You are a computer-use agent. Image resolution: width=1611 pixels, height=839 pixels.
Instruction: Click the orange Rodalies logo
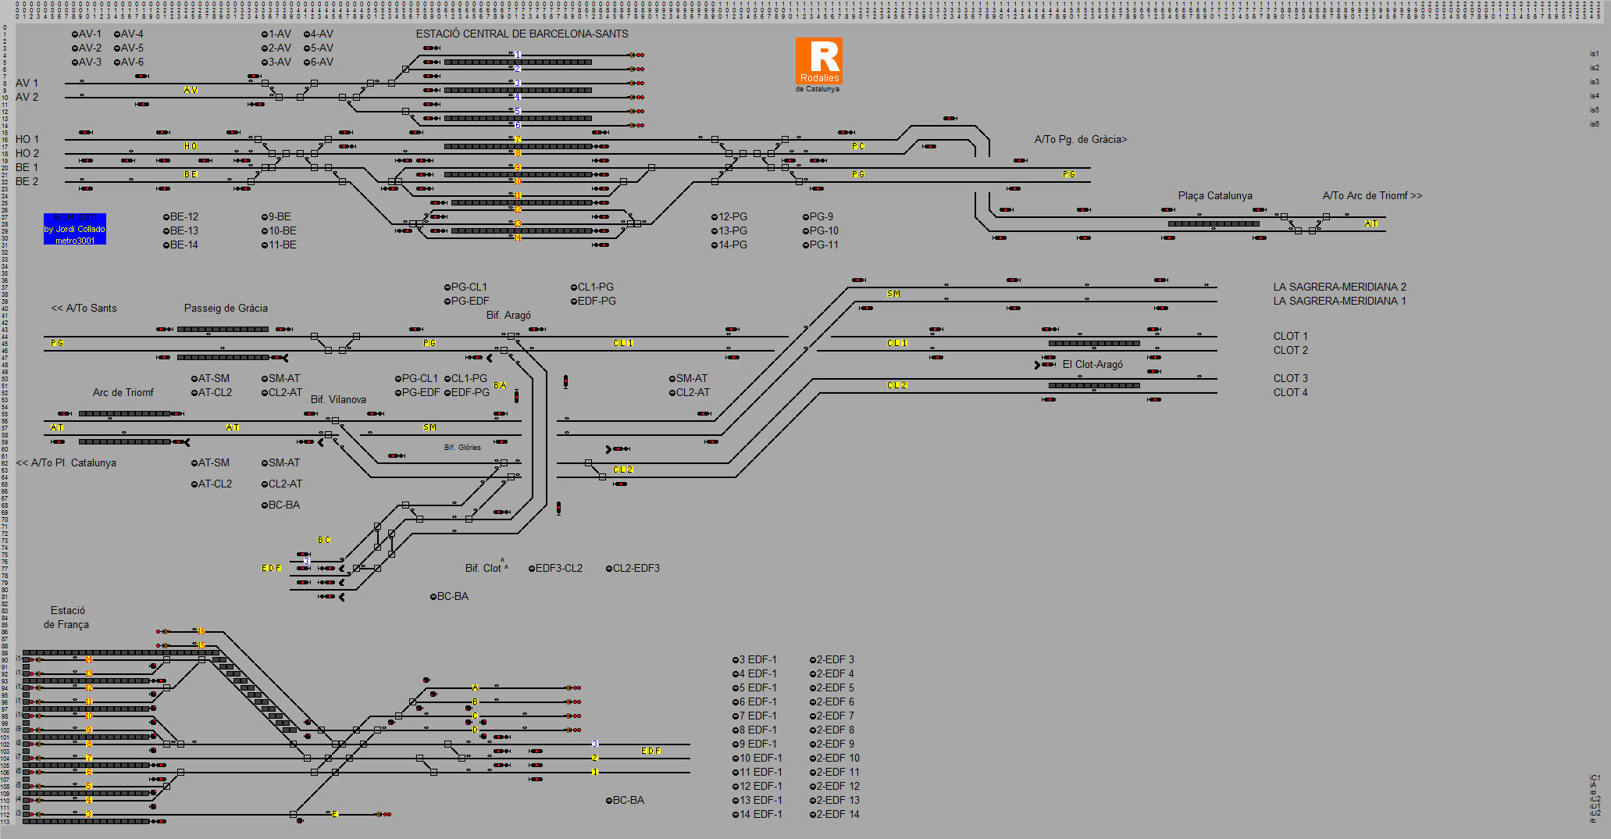[819, 61]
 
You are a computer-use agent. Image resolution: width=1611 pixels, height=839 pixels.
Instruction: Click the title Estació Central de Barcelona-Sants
[522, 34]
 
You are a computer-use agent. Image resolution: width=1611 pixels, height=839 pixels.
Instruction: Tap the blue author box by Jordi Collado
[75, 229]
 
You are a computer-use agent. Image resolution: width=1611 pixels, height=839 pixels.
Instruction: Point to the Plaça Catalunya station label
[1215, 195]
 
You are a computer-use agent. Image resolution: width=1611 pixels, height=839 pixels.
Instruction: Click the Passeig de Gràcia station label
[226, 308]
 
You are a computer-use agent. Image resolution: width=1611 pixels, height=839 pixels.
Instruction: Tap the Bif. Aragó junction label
[508, 315]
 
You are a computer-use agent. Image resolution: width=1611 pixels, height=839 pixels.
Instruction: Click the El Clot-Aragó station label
[1092, 364]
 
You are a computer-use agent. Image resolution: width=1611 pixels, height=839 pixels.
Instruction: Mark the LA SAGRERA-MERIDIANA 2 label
[1339, 287]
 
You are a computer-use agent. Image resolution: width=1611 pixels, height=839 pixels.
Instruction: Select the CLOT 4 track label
[1290, 392]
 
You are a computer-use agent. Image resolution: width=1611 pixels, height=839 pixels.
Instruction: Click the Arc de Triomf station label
[123, 392]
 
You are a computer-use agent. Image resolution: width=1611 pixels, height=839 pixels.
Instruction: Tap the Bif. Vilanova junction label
[338, 399]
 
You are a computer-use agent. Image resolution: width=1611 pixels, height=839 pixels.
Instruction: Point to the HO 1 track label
[27, 139]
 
